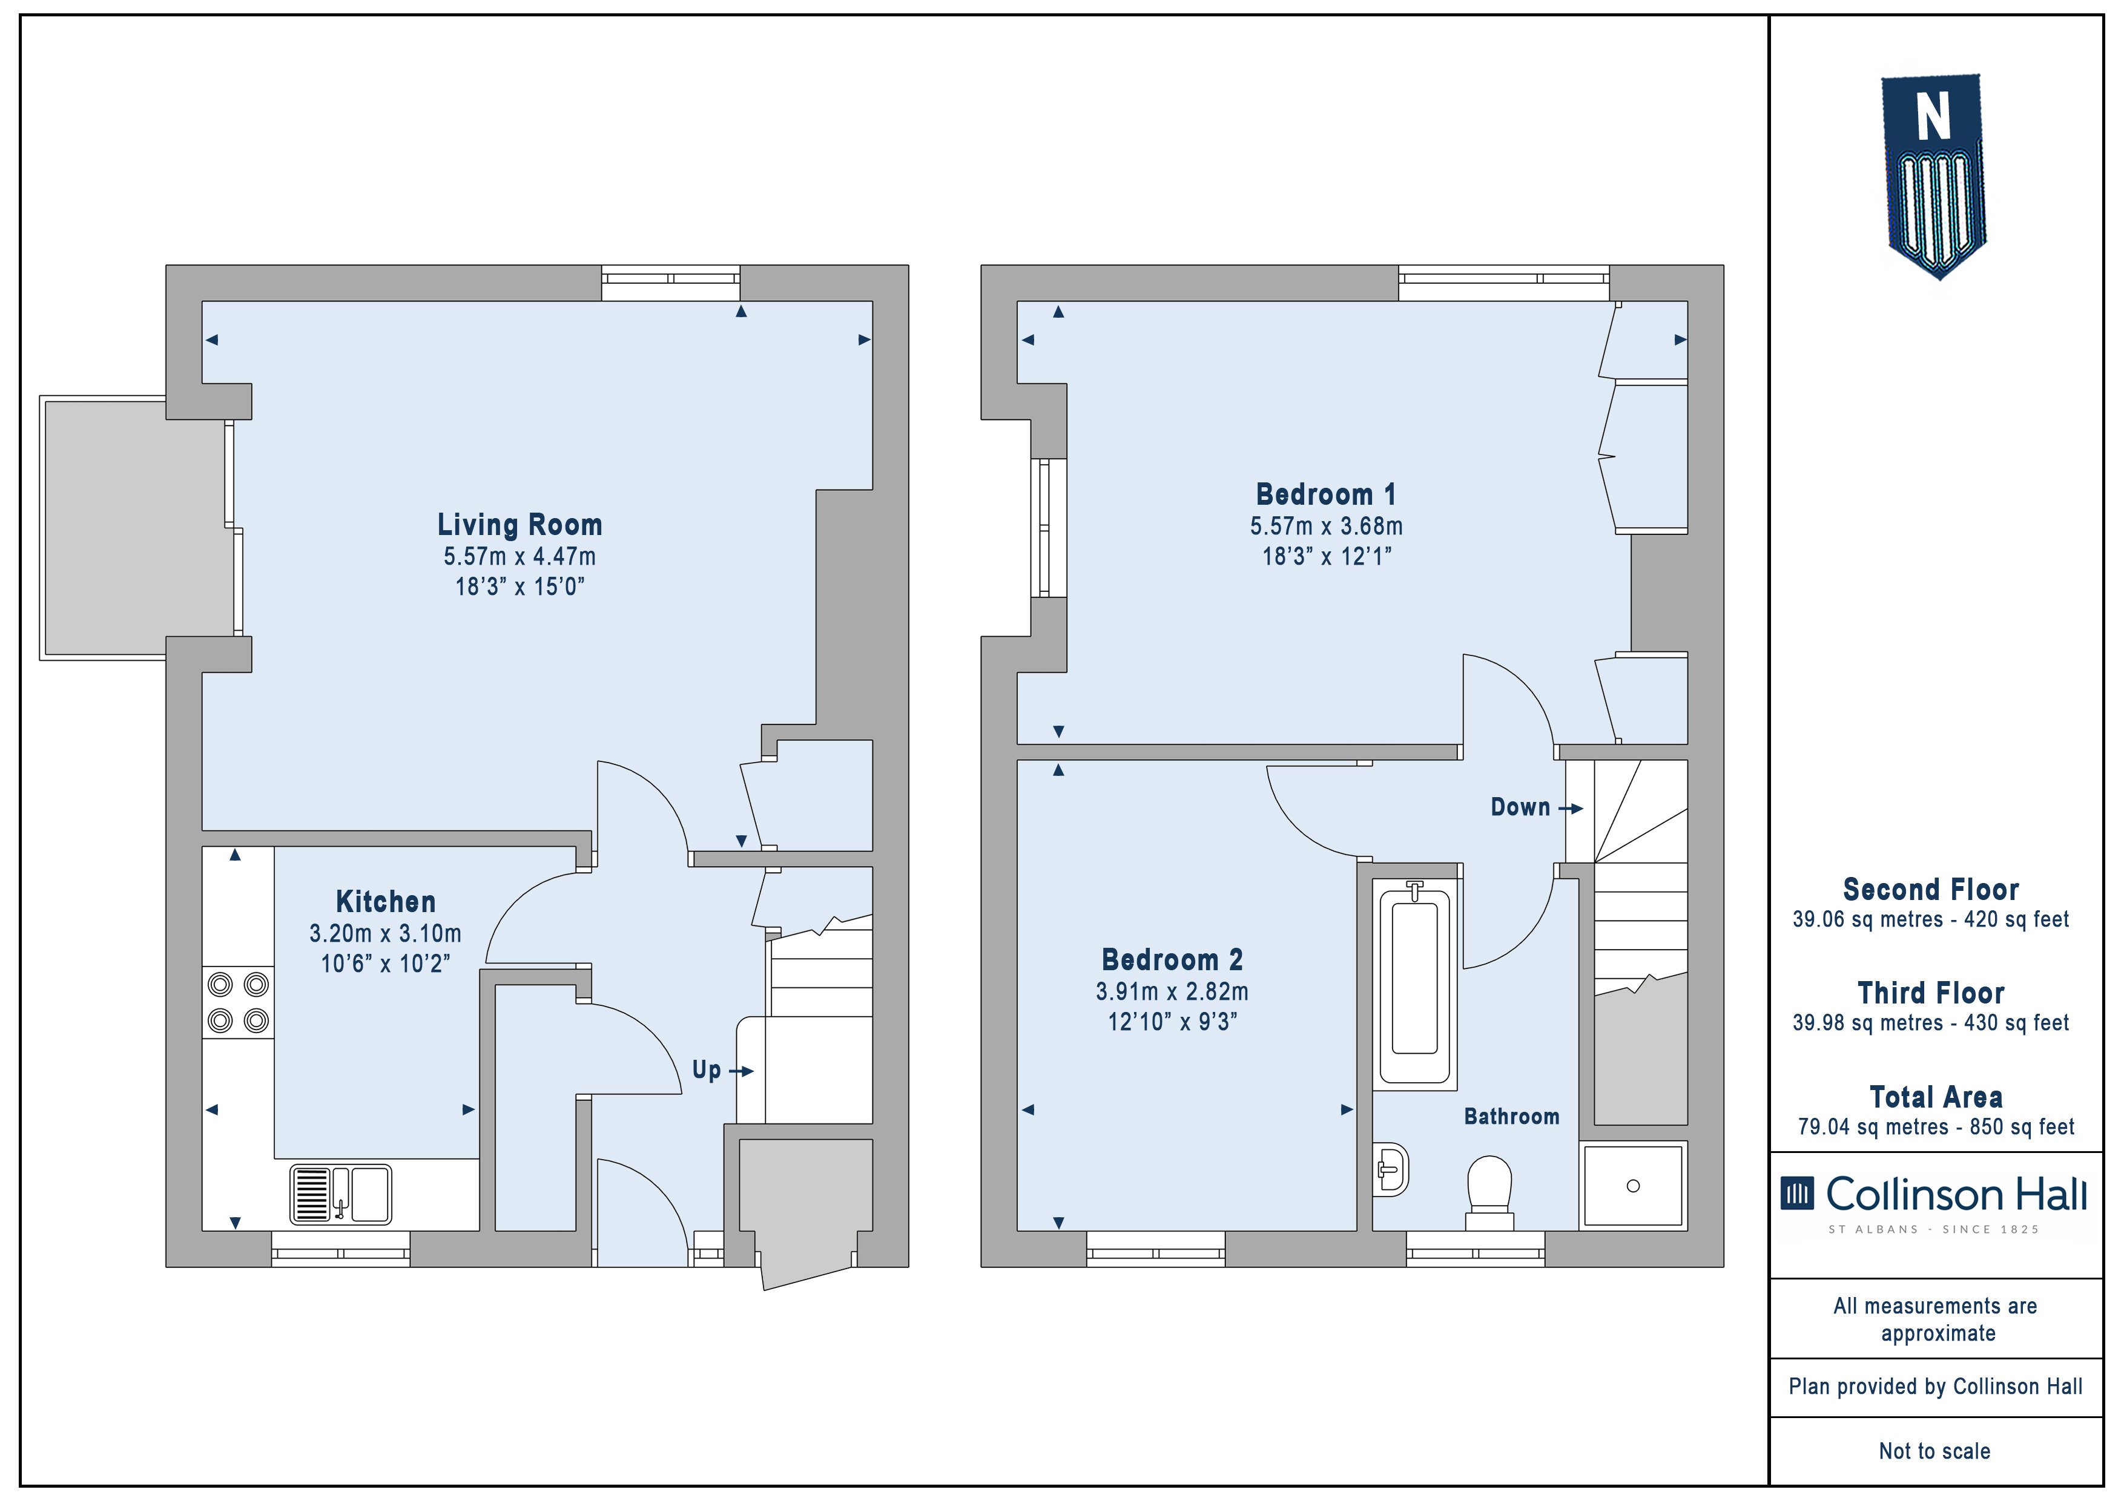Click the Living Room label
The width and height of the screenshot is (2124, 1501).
tap(520, 525)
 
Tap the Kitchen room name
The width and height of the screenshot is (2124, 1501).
tap(386, 902)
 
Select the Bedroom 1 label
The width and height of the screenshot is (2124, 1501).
tap(1325, 494)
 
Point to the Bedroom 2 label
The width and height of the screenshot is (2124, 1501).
tap(1172, 960)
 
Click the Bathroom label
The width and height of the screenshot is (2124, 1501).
tap(1512, 1116)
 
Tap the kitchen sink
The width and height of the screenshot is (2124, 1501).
tap(340, 1194)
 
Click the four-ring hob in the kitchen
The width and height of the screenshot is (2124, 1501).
tap(238, 1002)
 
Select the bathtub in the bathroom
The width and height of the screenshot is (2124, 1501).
tap(1414, 980)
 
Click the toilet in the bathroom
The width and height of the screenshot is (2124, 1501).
tap(1489, 1193)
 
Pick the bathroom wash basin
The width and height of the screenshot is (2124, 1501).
tap(1390, 1170)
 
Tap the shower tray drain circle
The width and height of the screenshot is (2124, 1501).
tap(1633, 1186)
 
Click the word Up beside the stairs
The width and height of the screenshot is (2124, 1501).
tap(707, 1071)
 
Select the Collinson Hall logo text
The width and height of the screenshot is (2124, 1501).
tap(1956, 1195)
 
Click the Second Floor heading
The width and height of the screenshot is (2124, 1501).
tap(1931, 890)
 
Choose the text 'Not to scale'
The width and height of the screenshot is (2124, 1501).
tap(1934, 1451)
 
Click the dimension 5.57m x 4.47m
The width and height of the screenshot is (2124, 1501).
tap(520, 557)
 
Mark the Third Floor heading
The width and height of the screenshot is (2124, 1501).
tap(1931, 993)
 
